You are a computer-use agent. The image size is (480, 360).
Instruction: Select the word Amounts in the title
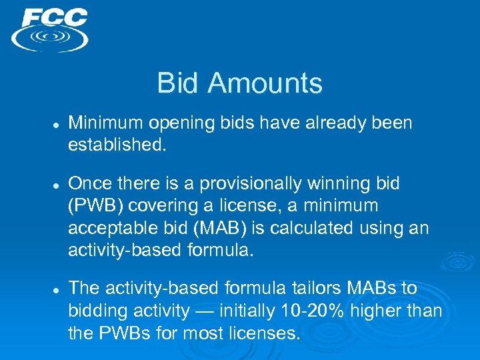[x=264, y=83]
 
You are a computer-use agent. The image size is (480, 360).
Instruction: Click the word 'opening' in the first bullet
[x=177, y=123]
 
